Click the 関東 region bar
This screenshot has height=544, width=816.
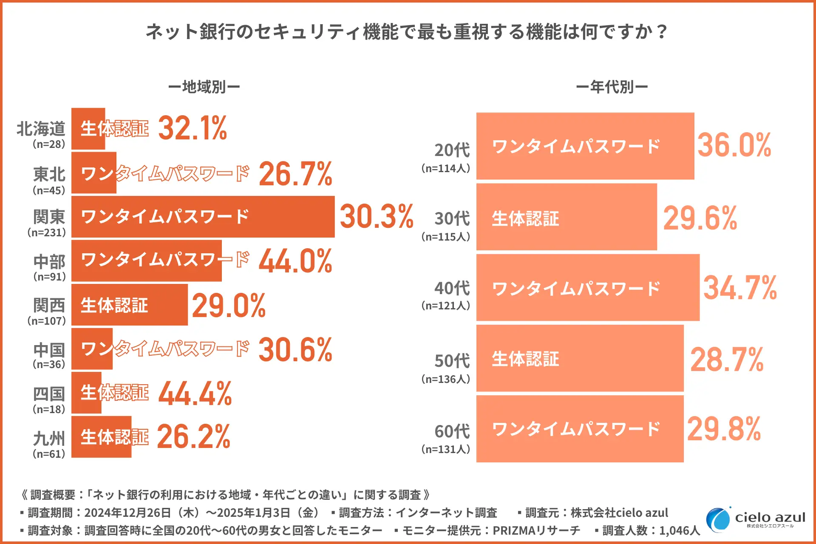[x=203, y=217]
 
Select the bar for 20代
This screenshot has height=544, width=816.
[x=585, y=146]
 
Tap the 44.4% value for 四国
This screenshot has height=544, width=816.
[x=195, y=394]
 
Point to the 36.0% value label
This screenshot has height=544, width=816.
[x=734, y=145]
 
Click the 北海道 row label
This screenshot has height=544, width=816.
[x=41, y=129]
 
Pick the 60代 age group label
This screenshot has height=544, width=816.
[x=452, y=431]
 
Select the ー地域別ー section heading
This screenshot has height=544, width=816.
[x=204, y=87]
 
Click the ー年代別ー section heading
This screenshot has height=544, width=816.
[x=612, y=87]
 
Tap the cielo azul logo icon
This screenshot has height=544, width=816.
[x=718, y=519]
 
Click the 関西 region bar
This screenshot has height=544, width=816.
[x=129, y=305]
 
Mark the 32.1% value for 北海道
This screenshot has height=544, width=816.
[x=193, y=128]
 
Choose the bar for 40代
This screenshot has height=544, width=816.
[x=588, y=288]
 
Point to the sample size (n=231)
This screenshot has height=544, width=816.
[x=47, y=232]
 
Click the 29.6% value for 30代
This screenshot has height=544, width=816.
[x=700, y=218]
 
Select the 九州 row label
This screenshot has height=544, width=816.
[x=49, y=438]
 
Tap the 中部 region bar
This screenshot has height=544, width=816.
[x=146, y=261]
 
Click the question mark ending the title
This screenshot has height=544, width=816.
[x=661, y=32]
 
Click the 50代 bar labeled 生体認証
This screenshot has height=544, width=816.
[x=580, y=358]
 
